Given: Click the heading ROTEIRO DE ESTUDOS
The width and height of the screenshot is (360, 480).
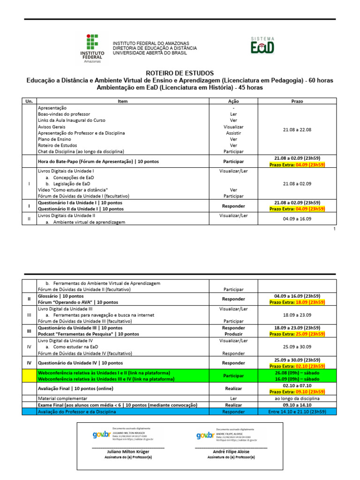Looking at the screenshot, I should pos(180,74).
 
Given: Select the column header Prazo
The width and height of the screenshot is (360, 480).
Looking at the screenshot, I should pos(297,101).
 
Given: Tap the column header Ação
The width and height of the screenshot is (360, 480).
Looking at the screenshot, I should pos(233,101).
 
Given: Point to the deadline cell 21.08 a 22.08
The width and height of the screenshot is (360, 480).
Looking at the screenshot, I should pos(297,130).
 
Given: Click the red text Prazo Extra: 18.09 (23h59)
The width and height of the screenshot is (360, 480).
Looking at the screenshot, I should pos(297,302).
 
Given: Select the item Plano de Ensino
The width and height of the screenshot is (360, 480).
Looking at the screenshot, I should pos(54,139).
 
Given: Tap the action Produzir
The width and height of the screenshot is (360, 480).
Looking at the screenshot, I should pos(233,334).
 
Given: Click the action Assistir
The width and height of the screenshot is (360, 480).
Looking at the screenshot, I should pos(233,133).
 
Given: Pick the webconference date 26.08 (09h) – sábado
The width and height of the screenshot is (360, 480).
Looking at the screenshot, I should pos(297,373).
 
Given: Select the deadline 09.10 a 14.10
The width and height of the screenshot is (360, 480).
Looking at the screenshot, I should pos(297,405).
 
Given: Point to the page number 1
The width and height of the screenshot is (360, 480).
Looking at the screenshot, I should pos(334,229).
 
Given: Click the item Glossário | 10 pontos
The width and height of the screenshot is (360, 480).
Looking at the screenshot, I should pos(60,296).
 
